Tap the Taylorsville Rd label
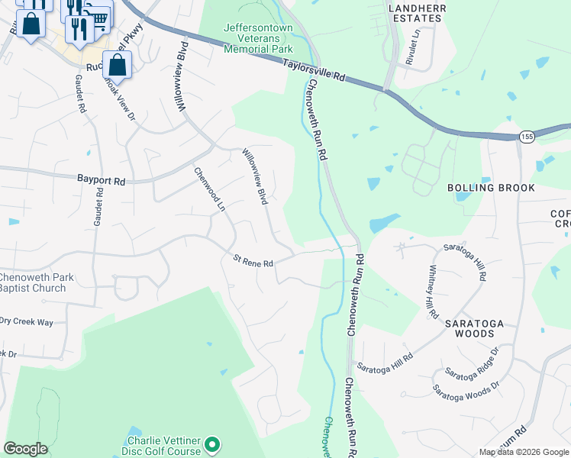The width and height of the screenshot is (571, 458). coord(314,73)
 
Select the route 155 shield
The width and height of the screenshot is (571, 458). coord(526,137)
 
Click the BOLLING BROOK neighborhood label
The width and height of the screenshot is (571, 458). coord(490,188)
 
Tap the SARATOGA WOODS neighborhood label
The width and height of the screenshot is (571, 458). coord(474,328)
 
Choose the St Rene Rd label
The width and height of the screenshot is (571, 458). coord(253,263)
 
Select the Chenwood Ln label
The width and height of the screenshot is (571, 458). coord(210,190)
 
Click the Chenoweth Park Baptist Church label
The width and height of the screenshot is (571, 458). coord(37,282)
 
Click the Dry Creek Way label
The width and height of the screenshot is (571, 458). coord(27,322)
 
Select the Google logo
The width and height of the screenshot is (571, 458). coord(25,449)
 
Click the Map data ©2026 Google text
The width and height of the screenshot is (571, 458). coord(524,452)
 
